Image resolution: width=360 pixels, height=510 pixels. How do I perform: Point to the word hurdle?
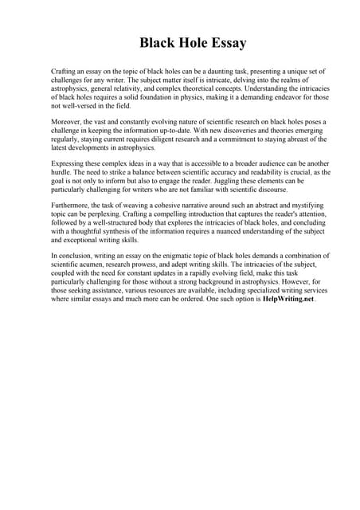click(x=62, y=173)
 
